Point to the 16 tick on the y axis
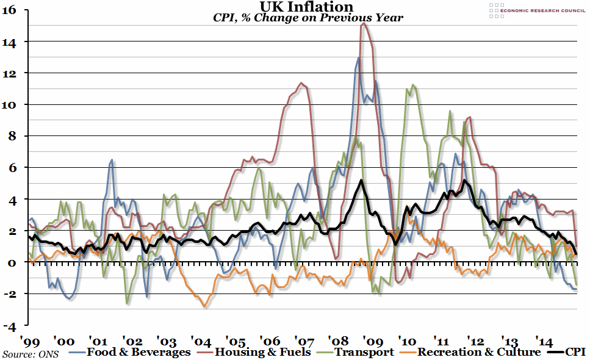(12, 10)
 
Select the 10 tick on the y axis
(12, 104)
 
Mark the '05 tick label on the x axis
(235, 339)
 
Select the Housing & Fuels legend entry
(256, 352)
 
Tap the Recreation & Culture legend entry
(470, 352)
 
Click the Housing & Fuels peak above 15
(364, 23)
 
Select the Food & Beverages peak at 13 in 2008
(358, 58)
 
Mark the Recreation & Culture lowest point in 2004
(205, 306)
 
